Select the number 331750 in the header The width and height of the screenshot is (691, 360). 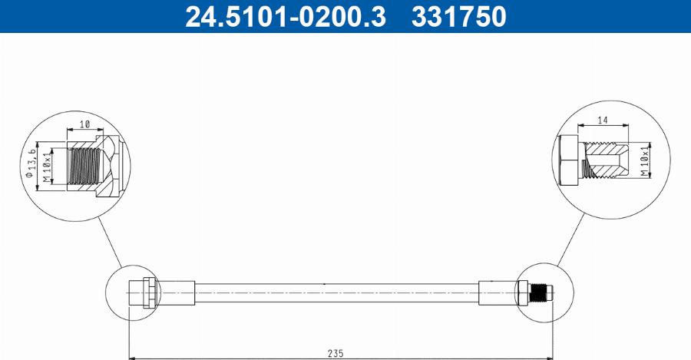click(459, 16)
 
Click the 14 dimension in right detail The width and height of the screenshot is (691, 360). click(602, 121)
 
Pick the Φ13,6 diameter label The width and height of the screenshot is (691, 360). click(31, 163)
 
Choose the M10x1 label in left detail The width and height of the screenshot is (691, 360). click(47, 167)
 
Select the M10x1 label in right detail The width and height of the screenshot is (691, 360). click(645, 163)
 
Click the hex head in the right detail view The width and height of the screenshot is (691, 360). click(569, 162)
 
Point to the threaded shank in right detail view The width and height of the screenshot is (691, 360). click(607, 162)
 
